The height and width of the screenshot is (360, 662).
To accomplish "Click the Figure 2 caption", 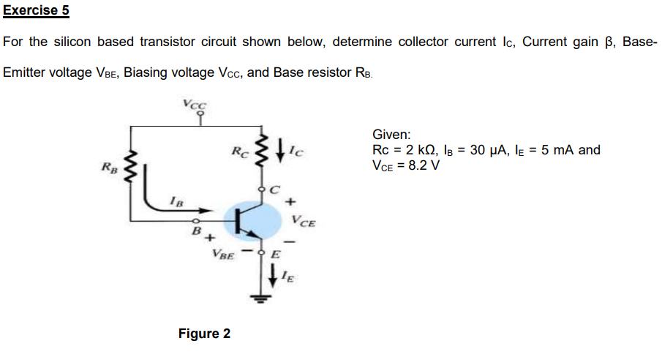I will click(204, 334).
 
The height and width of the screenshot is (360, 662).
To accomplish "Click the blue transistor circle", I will click(252, 221).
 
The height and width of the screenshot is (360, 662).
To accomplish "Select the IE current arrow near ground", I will click(274, 276).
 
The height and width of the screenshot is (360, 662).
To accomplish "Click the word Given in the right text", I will click(391, 135).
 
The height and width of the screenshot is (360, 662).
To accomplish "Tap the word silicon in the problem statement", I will click(72, 42).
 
